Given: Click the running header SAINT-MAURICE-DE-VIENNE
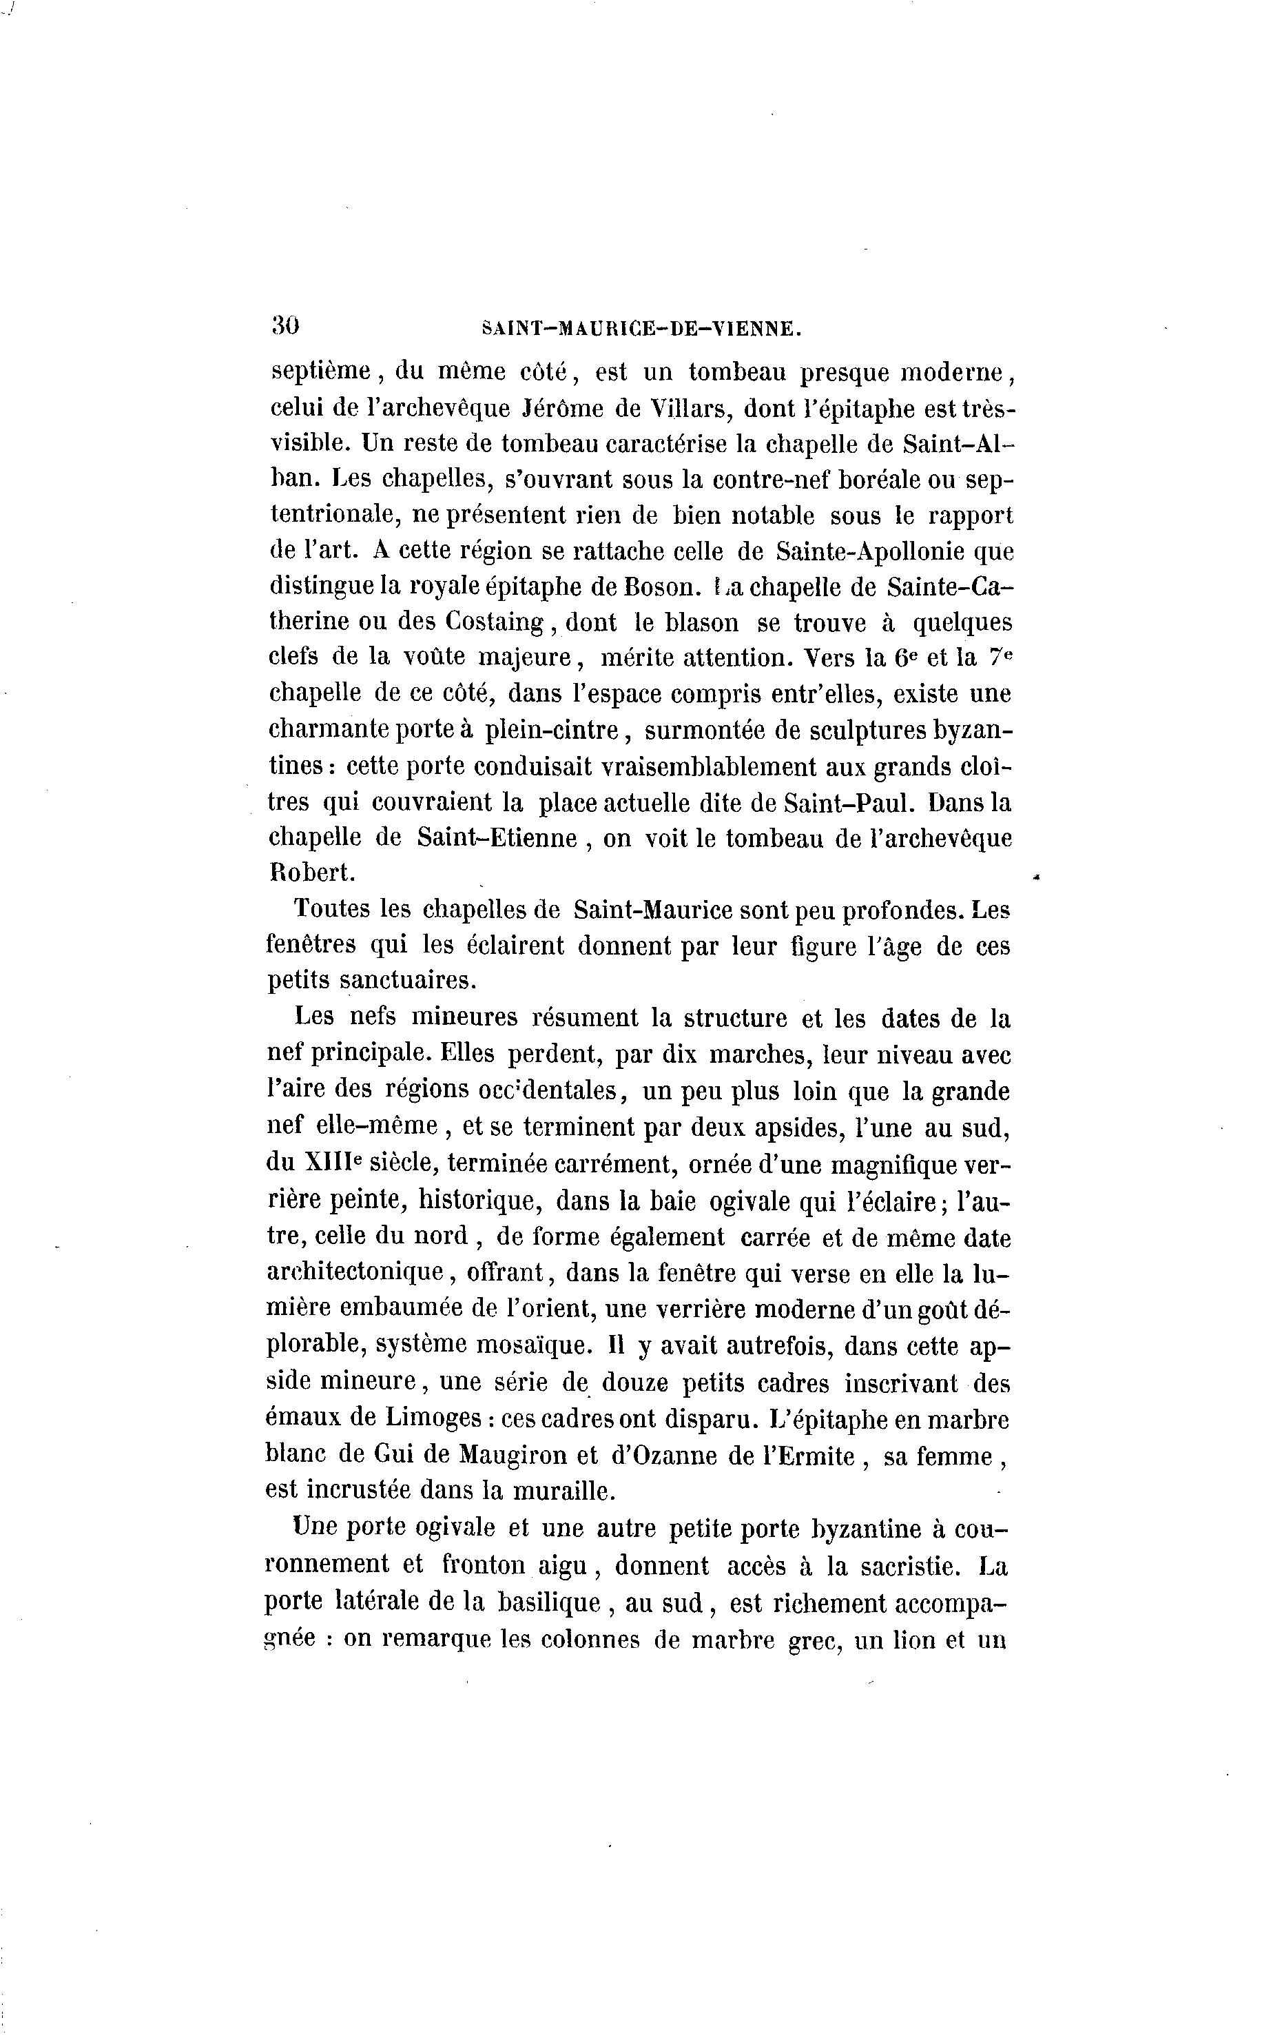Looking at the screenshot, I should (x=642, y=329).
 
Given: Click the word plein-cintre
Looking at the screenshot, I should (x=552, y=731).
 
